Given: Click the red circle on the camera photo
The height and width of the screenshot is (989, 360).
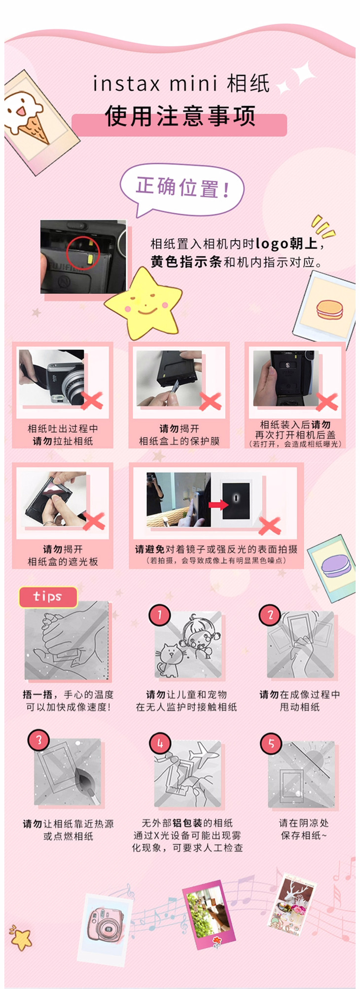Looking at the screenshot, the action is (x=83, y=252).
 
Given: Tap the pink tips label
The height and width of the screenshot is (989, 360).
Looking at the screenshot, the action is (x=48, y=597).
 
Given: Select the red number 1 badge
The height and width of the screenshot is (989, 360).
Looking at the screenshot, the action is (x=159, y=615).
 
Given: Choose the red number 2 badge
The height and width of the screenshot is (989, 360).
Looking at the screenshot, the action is (x=270, y=615).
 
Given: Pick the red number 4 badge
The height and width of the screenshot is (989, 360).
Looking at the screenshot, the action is (x=160, y=743).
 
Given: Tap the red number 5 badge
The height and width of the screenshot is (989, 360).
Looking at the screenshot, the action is (x=271, y=743).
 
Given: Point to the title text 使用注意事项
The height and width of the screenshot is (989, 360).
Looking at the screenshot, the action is (x=180, y=116).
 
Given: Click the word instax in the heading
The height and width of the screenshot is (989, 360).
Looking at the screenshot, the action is (x=126, y=84).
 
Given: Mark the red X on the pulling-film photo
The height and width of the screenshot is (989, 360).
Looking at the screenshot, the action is (x=92, y=401).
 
